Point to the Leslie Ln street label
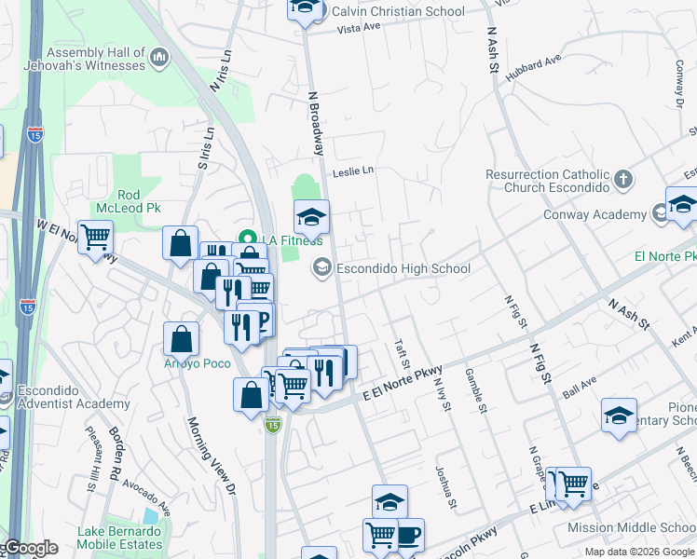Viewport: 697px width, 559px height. click(353, 171)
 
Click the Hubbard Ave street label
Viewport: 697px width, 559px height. click(534, 72)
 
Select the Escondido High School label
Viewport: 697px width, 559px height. click(403, 269)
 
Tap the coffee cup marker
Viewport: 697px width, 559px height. click(407, 535)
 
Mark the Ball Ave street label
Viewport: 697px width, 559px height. click(581, 383)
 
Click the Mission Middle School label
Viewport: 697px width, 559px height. click(631, 527)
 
